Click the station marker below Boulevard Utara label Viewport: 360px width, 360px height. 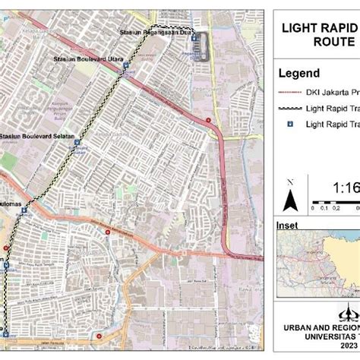(126, 66)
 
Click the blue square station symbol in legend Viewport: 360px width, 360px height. (289, 124)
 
